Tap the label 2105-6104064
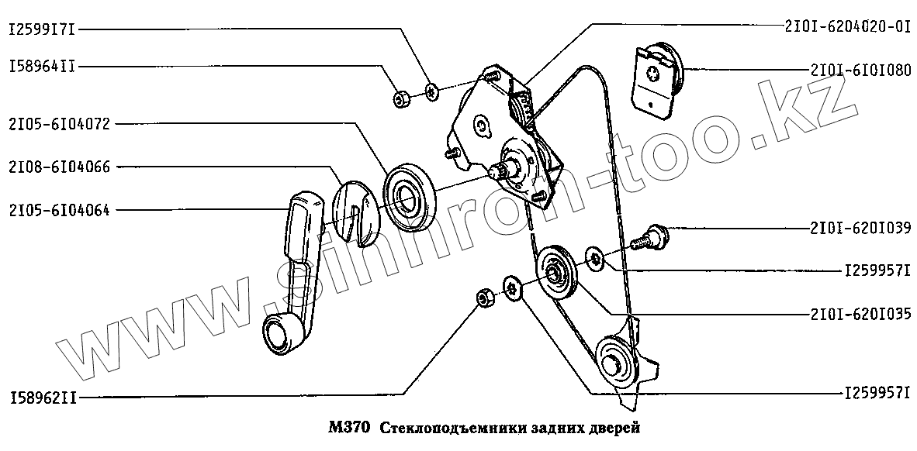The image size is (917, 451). pyautogui.click(x=60, y=208)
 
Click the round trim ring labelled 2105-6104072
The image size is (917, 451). pyautogui.click(x=411, y=196)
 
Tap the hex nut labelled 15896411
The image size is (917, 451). pyautogui.click(x=402, y=99)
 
